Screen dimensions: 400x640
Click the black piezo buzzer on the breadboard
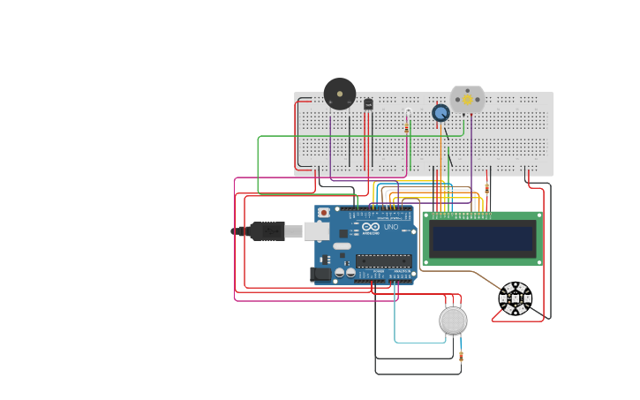(x=340, y=94)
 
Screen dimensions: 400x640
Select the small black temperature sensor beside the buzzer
(x=368, y=104)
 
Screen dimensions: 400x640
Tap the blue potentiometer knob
(x=440, y=112)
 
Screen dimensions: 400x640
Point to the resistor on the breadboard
(x=406, y=127)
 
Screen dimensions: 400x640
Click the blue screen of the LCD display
(x=482, y=238)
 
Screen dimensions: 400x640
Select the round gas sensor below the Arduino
(x=453, y=321)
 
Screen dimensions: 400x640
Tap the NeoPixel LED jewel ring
(x=515, y=298)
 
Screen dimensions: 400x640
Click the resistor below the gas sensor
(x=461, y=357)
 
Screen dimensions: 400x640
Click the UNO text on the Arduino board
(x=390, y=227)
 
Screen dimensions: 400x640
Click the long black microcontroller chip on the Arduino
(x=384, y=260)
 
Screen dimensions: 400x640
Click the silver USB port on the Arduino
(x=316, y=231)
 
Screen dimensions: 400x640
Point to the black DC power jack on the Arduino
(x=321, y=275)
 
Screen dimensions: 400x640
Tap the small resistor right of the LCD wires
(x=486, y=188)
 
